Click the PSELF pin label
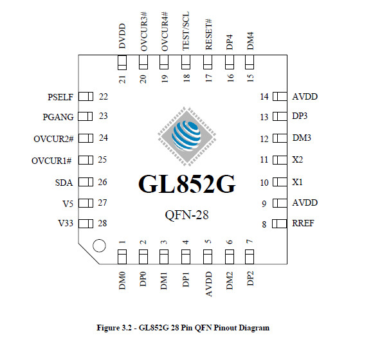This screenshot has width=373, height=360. click(60, 97)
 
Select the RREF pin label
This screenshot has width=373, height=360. click(303, 223)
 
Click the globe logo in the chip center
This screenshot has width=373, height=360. click(187, 136)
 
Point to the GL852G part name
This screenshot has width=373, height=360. click(187, 184)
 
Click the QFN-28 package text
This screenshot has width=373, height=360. click(186, 215)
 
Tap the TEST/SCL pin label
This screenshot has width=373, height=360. click(186, 31)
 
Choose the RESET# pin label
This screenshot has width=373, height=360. click(208, 35)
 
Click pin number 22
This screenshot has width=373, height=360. click(104, 97)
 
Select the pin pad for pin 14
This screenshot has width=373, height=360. click(280, 96)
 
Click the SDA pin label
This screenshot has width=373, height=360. click(64, 183)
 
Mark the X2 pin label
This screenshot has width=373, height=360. click(298, 159)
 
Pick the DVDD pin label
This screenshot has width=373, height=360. click(122, 36)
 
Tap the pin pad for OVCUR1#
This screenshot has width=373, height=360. click(86, 160)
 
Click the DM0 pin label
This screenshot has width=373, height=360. click(122, 281)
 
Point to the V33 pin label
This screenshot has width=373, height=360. click(66, 223)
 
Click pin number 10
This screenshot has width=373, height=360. click(264, 183)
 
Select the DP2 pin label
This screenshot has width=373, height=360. click(250, 278)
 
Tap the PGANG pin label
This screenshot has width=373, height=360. click(58, 117)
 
